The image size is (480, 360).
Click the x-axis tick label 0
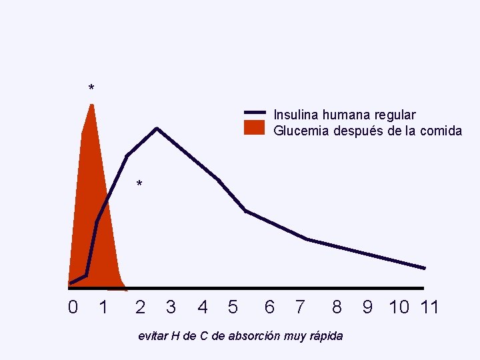(73, 307)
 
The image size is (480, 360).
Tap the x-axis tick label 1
(103, 307)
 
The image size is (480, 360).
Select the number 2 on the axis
(140, 307)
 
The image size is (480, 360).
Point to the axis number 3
(171, 307)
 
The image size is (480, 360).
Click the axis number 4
(203, 307)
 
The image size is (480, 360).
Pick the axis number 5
(232, 307)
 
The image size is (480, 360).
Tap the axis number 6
(269, 307)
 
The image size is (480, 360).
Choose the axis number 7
(300, 307)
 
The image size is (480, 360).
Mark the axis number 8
(337, 307)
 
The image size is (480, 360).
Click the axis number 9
(367, 307)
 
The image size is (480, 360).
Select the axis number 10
(399, 307)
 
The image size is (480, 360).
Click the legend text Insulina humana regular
(345, 115)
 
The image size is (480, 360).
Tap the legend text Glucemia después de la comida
(367, 131)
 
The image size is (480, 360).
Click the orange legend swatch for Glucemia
(255, 128)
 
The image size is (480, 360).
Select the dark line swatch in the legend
(255, 112)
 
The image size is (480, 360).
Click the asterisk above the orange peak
(91, 89)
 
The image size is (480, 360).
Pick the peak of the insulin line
(157, 128)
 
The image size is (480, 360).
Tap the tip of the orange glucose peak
(91, 104)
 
